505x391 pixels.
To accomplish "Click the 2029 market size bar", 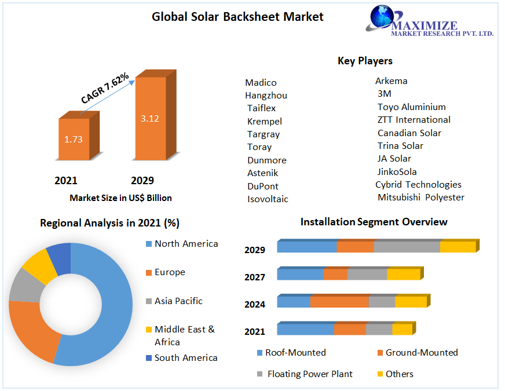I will (x=150, y=118).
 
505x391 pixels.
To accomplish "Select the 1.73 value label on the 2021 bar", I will (x=74, y=140).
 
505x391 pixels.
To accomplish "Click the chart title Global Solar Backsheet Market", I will (x=237, y=17).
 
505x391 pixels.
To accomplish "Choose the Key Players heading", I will (x=365, y=61).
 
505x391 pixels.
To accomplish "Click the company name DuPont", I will (x=262, y=186).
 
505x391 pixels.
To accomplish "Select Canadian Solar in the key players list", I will (x=409, y=133).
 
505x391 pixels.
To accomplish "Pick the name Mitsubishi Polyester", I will (x=420, y=198).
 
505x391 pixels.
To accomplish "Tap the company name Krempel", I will (x=264, y=121).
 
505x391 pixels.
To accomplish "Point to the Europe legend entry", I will (x=170, y=272).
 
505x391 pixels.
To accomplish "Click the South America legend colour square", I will (x=148, y=358).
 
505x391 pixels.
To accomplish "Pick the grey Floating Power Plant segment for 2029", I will (x=407, y=247).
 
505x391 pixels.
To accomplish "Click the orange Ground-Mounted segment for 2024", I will (x=339, y=302).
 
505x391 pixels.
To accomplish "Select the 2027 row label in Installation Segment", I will (x=255, y=277).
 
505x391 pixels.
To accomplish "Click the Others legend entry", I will (x=399, y=374).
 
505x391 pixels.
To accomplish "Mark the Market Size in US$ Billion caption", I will (x=120, y=198).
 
